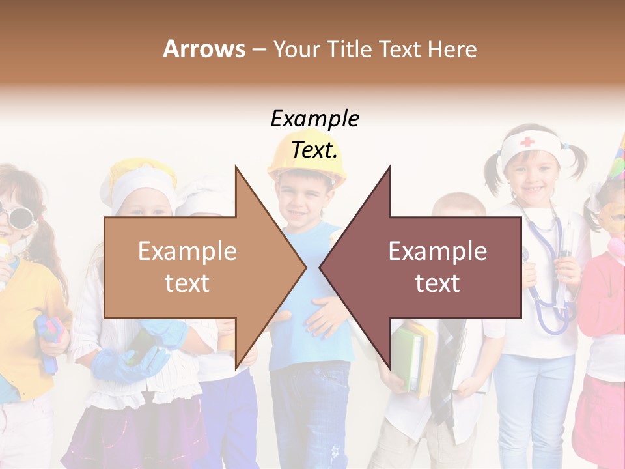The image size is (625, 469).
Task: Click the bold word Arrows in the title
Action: (204, 49)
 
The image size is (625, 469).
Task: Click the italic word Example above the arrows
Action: (314, 120)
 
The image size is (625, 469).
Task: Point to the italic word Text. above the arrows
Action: (314, 150)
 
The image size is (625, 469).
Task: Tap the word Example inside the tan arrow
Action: (187, 251)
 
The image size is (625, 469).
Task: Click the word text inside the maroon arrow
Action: (437, 283)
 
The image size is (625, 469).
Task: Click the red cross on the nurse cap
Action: (527, 141)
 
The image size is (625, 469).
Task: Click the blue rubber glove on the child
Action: (130, 362)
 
